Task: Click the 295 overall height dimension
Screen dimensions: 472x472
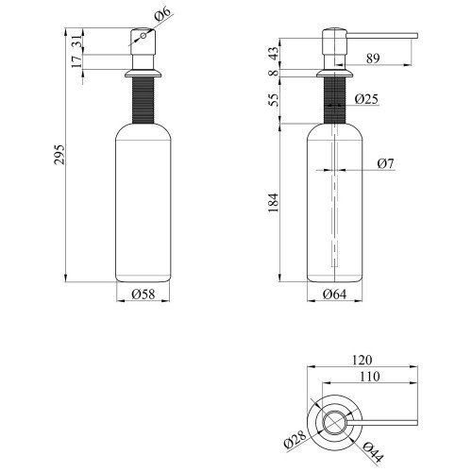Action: [x=59, y=155]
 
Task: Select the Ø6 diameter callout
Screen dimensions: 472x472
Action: [x=162, y=14]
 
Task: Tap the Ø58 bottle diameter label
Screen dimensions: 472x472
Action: [x=143, y=295]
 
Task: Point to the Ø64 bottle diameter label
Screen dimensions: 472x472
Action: [x=334, y=295]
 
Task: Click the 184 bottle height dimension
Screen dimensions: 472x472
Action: [x=274, y=203]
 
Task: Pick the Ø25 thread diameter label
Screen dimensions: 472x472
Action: [x=366, y=99]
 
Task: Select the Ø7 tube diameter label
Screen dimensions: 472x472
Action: [x=385, y=163]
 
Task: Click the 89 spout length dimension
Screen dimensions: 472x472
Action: [x=373, y=59]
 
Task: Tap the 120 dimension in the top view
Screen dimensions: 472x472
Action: [x=362, y=360]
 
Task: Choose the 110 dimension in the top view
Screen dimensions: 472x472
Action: [x=369, y=377]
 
